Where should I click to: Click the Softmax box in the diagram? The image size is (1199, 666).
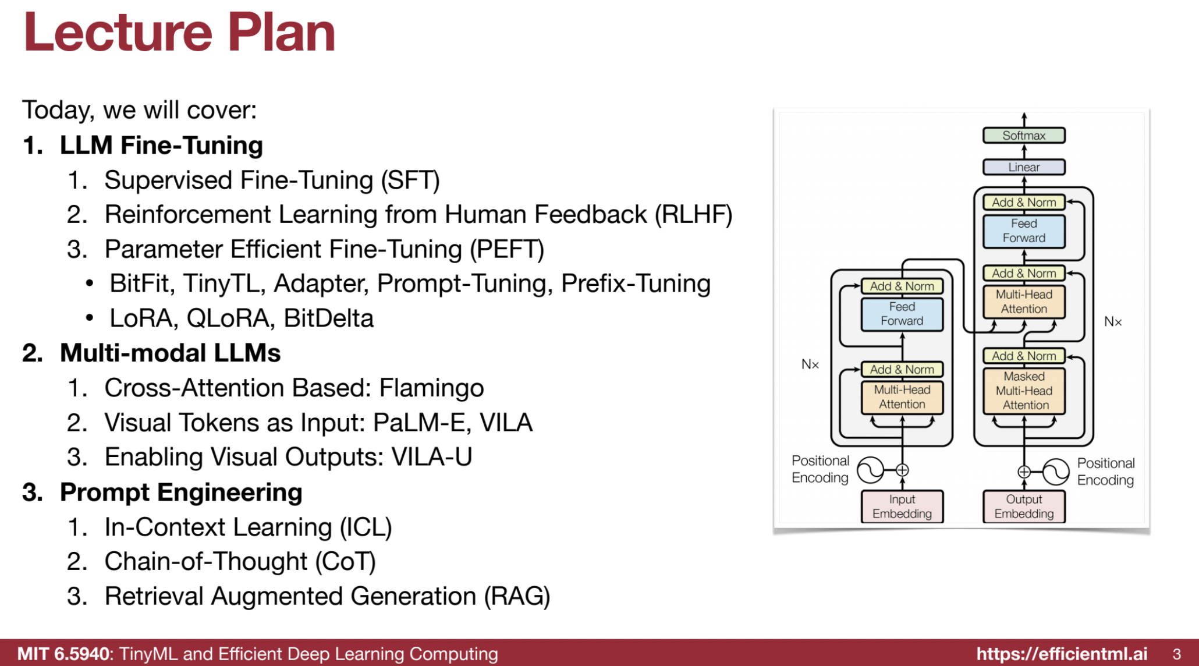(x=1024, y=136)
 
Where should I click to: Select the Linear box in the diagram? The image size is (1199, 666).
(x=1024, y=167)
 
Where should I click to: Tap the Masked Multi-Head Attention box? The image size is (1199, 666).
(x=1024, y=391)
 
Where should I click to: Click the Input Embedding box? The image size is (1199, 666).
(x=902, y=506)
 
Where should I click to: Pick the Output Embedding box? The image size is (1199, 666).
(x=1024, y=506)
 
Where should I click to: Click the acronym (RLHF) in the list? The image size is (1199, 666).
(x=693, y=215)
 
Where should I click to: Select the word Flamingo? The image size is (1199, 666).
(x=431, y=388)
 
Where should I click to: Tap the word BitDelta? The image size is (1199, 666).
(x=328, y=318)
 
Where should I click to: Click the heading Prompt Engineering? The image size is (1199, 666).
(x=181, y=493)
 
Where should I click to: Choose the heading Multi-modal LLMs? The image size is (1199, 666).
(x=170, y=353)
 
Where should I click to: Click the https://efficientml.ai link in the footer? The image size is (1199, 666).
(x=1062, y=654)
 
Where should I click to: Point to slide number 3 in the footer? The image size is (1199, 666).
(x=1176, y=654)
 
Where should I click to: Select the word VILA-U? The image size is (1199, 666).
(x=431, y=457)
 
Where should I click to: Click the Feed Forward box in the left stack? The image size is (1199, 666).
(x=902, y=314)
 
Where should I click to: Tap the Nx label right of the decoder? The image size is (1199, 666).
(x=1113, y=321)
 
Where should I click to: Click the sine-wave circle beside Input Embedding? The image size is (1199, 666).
(x=871, y=470)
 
